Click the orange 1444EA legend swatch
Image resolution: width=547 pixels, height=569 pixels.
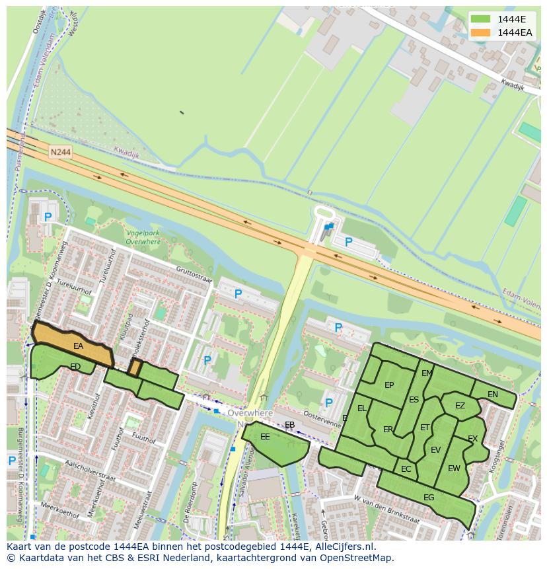[480, 32]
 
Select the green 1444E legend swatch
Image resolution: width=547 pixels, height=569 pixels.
[480, 19]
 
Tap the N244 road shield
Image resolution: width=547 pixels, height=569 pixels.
[59, 152]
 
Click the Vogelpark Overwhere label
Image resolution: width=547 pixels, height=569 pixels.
[143, 238]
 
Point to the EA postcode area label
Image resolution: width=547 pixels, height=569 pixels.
[78, 346]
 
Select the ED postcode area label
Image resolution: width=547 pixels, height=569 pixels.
[75, 367]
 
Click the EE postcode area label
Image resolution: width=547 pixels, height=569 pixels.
[265, 437]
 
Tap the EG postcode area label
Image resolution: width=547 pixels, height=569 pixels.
[429, 498]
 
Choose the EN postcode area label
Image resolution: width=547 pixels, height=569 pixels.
[492, 395]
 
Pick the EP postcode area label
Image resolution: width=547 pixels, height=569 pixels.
[389, 386]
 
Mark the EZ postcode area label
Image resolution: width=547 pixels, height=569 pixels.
[460, 406]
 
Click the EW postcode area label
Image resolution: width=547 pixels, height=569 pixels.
[454, 469]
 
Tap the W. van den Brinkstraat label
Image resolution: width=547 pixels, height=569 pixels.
[386, 508]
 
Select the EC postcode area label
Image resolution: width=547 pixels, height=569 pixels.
[406, 469]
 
